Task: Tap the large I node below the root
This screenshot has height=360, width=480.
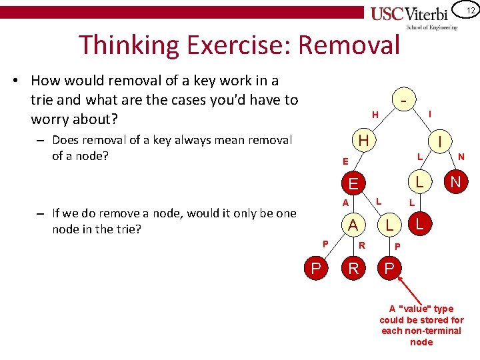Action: (x=441, y=140)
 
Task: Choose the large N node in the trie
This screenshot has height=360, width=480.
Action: (x=455, y=181)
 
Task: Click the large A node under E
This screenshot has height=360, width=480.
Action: (x=353, y=226)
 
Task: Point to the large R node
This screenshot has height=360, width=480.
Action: (x=353, y=269)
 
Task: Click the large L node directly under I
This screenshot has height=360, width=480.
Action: (x=419, y=181)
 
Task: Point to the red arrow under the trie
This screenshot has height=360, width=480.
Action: (x=407, y=287)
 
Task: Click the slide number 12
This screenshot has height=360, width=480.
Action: (x=470, y=10)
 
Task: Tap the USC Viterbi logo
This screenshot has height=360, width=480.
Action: (x=414, y=15)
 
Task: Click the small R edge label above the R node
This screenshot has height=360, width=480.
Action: (x=362, y=245)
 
